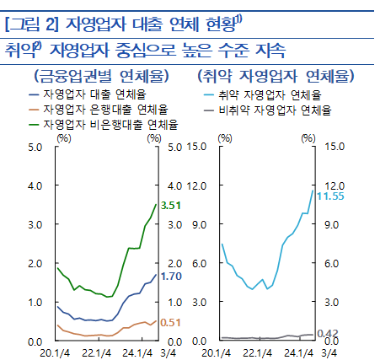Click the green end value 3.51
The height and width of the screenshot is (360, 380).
tap(172, 205)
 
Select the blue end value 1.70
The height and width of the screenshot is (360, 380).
tap(172, 276)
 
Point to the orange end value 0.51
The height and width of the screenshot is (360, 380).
tap(171, 322)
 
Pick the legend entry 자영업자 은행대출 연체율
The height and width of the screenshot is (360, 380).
tap(105, 110)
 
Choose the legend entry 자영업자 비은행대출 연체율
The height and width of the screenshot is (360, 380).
tap(110, 124)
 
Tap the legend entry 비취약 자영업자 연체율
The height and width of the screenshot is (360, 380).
tap(274, 110)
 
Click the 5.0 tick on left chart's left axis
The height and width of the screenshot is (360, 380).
tap(35, 148)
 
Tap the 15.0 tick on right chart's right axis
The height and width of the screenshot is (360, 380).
tap(335, 148)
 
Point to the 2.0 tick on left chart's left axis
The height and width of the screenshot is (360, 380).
tap(35, 264)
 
